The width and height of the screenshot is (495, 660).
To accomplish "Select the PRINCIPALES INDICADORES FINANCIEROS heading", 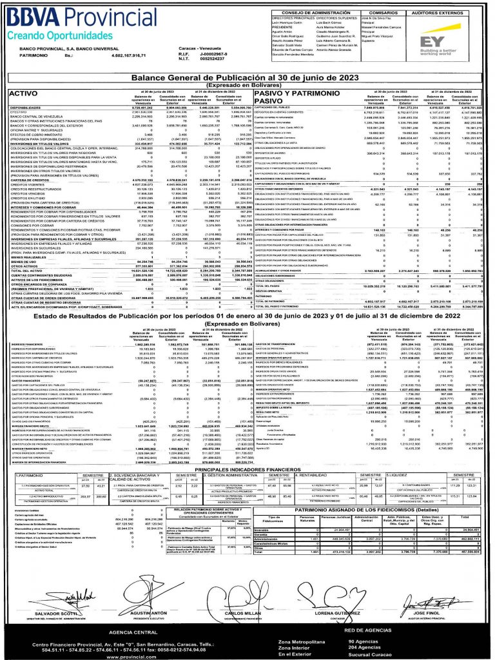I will click(x=247, y=470).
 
